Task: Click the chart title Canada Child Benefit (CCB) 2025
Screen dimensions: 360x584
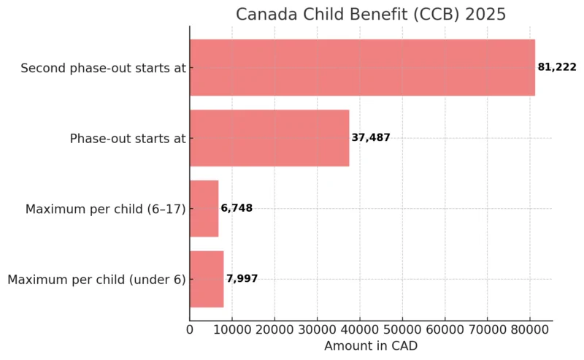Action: point(370,15)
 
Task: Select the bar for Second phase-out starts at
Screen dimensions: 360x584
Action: point(362,68)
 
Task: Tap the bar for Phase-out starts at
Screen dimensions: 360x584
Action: point(269,138)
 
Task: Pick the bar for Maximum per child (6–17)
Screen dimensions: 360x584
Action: point(204,209)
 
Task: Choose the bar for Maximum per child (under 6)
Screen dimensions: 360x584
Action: point(207,279)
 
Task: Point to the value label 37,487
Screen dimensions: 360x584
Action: point(370,138)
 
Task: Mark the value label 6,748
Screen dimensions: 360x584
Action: point(237,209)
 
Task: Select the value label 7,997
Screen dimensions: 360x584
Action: point(242,279)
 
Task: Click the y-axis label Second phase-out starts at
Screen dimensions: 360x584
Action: point(103,68)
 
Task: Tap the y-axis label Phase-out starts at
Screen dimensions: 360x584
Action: point(128,138)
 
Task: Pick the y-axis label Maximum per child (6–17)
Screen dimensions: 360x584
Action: point(105,209)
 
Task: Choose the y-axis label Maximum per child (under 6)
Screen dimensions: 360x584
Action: point(96,279)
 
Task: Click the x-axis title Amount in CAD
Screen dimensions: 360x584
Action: point(371,346)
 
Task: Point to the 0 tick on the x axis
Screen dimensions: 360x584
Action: point(190,330)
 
